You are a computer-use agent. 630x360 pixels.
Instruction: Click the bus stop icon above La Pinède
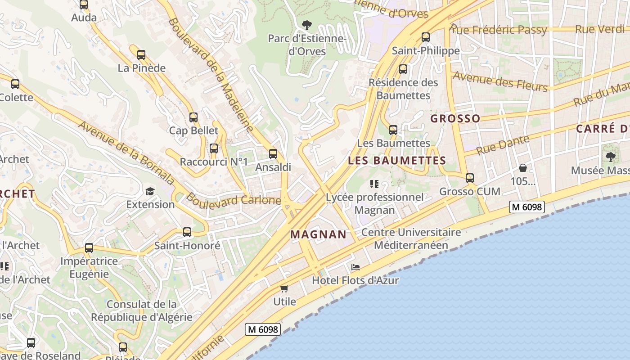[x=141, y=55]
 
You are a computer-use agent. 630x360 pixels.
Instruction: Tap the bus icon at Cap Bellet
[x=193, y=117]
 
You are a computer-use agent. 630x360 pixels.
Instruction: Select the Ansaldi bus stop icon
[x=273, y=154]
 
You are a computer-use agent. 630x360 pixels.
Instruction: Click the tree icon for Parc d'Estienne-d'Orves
[x=307, y=25]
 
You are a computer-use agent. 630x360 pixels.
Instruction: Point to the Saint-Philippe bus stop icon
[x=426, y=37]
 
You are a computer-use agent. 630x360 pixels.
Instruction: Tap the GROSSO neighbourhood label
[x=455, y=118]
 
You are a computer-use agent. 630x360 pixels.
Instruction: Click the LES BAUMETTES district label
[x=397, y=160]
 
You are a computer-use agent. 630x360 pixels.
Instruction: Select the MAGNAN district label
[x=319, y=234]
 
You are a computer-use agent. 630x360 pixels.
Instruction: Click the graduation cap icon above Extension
[x=150, y=191]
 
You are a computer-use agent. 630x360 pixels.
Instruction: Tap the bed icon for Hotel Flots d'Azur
[x=355, y=267]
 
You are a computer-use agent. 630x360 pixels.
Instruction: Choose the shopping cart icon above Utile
[x=284, y=288]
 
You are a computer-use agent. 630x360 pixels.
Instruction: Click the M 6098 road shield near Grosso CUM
[x=527, y=207]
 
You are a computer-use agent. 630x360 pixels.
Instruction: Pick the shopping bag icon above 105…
[x=523, y=168]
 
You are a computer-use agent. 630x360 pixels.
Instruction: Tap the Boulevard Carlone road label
[x=234, y=199]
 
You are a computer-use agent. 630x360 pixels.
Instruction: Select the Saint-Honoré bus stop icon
[x=187, y=233]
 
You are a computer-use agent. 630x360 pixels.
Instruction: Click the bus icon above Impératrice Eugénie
[x=89, y=248]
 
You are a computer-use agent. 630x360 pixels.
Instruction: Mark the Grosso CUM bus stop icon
[x=470, y=178]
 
